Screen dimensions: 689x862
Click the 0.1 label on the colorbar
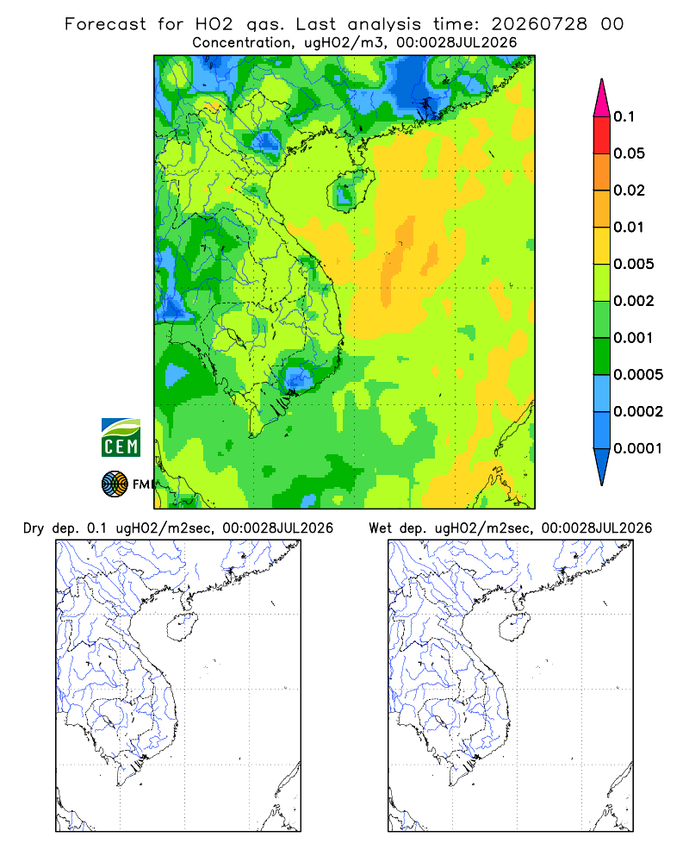624,116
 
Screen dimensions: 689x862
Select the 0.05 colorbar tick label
629,153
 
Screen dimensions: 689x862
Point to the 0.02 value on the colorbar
629,191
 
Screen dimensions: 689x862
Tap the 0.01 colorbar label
629,227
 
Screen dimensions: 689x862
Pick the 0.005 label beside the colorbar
634,264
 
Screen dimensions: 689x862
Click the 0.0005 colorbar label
638,374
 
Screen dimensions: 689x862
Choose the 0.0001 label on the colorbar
638,448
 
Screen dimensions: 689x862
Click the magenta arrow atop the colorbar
602,99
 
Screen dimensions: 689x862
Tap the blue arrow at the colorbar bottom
602,465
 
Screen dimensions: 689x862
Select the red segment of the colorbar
602,135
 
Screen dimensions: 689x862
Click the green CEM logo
121,438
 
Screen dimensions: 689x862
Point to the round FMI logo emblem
115,484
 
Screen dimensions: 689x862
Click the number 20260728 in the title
539,24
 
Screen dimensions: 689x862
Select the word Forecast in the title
105,24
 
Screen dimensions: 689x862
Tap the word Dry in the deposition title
34,528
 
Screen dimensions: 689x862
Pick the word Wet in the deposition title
380,528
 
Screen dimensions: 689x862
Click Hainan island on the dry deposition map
182,628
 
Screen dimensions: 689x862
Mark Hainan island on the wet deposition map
515,628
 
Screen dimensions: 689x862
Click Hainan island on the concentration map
351,190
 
